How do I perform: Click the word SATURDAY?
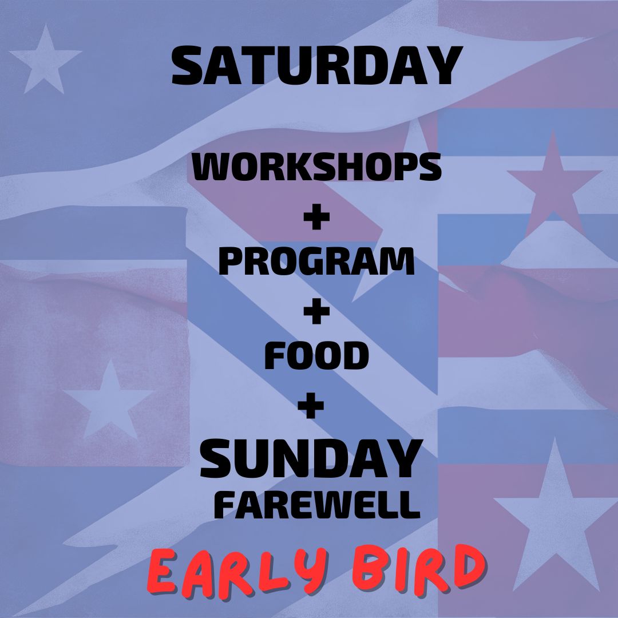pos(316,67)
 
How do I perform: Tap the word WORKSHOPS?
pos(316,167)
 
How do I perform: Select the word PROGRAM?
pos(316,262)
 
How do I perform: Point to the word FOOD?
pos(316,356)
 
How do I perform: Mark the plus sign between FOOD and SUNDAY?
pos(311,407)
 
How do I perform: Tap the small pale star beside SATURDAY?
pos(45,59)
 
